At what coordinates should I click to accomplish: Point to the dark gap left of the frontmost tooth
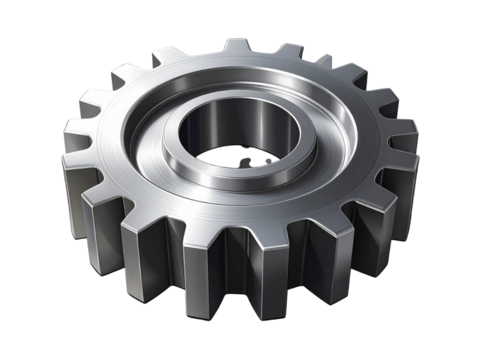197,262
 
